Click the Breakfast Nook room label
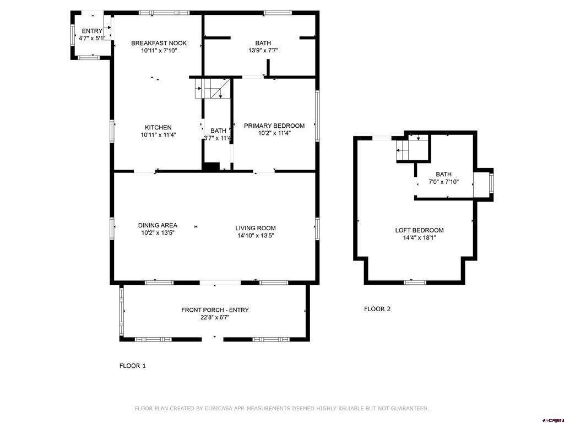[x=159, y=43]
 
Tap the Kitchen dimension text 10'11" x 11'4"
[x=158, y=135]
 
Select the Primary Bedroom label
[x=274, y=126]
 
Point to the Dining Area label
[x=158, y=225]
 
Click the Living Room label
[x=256, y=228]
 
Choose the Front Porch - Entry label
[x=215, y=310]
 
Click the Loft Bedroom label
[x=419, y=230]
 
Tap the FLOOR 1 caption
[x=132, y=366]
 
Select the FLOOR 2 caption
[x=377, y=308]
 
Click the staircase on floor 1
[x=212, y=89]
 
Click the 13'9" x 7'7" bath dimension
[x=263, y=50]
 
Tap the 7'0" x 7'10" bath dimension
[x=443, y=182]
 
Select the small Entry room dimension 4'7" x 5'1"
[x=92, y=38]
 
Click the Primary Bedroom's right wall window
[x=317, y=116]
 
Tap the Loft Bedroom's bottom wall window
[x=415, y=283]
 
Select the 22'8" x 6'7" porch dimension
[x=215, y=317]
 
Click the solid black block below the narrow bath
[x=211, y=166]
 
